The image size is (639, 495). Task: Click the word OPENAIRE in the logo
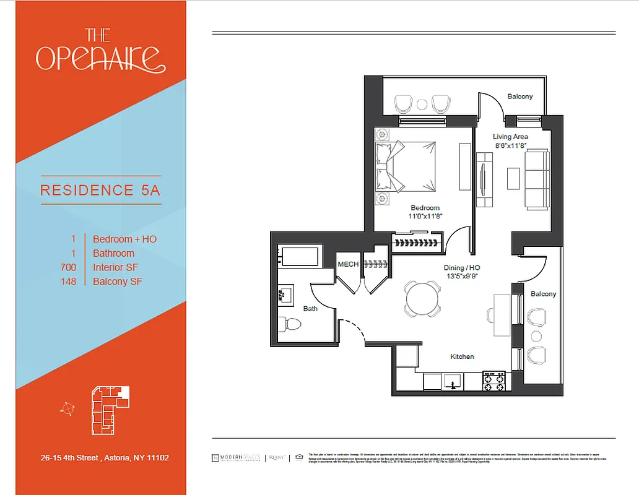click(100, 57)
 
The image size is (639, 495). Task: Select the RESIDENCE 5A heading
click(100, 190)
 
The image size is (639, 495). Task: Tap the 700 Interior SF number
click(69, 267)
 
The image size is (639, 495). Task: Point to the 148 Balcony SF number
click(69, 282)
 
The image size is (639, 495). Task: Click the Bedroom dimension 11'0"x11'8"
click(425, 217)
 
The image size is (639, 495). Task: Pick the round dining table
click(423, 298)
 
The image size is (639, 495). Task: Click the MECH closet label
click(348, 264)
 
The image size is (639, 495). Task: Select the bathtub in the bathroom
click(298, 256)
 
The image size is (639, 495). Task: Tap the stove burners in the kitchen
click(495, 381)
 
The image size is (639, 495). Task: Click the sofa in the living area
click(537, 179)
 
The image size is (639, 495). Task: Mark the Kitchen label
click(462, 356)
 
